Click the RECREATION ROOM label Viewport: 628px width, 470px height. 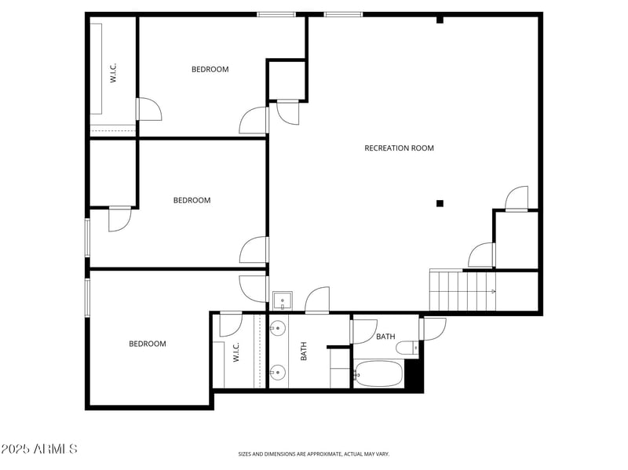click(399, 148)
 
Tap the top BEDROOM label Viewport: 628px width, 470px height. click(210, 69)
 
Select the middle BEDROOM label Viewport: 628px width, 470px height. click(192, 200)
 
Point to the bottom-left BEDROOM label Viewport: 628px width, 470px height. click(148, 344)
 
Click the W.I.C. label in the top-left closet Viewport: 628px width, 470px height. click(113, 74)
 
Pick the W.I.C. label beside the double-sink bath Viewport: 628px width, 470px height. click(235, 352)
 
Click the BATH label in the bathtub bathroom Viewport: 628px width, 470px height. click(385, 337)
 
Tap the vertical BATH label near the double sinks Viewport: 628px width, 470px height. click(304, 351)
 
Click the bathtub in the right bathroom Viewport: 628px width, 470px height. click(378, 373)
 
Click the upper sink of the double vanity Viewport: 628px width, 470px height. click(277, 328)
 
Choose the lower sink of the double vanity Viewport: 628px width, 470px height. click(277, 372)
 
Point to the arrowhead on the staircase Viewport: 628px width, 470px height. click(493, 291)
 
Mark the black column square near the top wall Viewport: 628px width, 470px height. click(440, 20)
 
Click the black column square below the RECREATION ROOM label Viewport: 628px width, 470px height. click(440, 203)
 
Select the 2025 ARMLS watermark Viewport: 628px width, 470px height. click(39, 449)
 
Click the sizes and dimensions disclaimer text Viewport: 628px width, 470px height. click(314, 454)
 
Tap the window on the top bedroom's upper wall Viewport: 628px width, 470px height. click(276, 14)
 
